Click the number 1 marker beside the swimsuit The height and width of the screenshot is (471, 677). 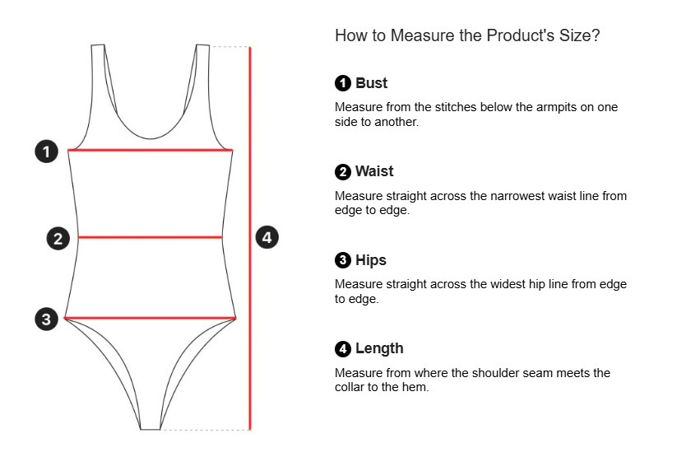point(47,152)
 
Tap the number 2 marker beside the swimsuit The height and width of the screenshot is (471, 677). point(58,239)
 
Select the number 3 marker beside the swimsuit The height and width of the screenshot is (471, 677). point(47,319)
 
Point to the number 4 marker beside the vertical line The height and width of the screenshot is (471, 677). point(267,238)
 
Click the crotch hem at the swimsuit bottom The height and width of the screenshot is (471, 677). point(150,427)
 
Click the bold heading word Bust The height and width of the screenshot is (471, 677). point(371,83)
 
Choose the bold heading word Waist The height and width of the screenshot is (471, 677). point(374,171)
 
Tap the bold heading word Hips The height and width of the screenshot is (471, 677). point(370,260)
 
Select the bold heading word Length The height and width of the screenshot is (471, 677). point(379,348)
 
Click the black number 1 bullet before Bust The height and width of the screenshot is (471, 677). point(343,83)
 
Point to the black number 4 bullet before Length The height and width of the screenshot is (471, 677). point(343,349)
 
